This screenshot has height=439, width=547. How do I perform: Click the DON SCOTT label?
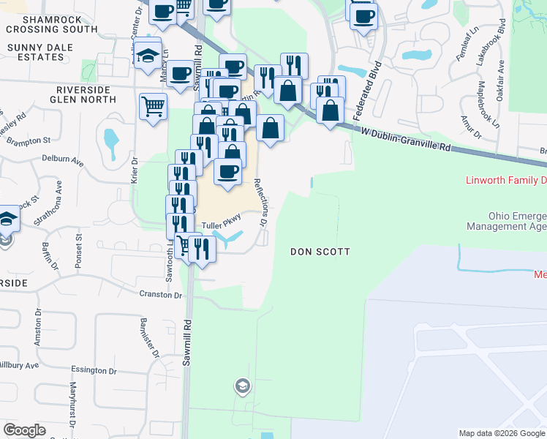tap(320, 252)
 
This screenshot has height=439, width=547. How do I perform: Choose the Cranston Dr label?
tap(161, 295)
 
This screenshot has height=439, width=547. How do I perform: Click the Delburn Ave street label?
tap(61, 157)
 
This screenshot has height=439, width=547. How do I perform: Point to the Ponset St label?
tap(78, 250)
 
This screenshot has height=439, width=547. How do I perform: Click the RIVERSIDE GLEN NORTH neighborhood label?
tap(83, 94)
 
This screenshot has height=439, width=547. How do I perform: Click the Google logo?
tap(25, 430)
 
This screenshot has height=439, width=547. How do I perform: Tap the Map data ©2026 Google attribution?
tap(501, 433)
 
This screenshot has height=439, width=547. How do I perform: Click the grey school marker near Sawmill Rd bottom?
tap(241, 386)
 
